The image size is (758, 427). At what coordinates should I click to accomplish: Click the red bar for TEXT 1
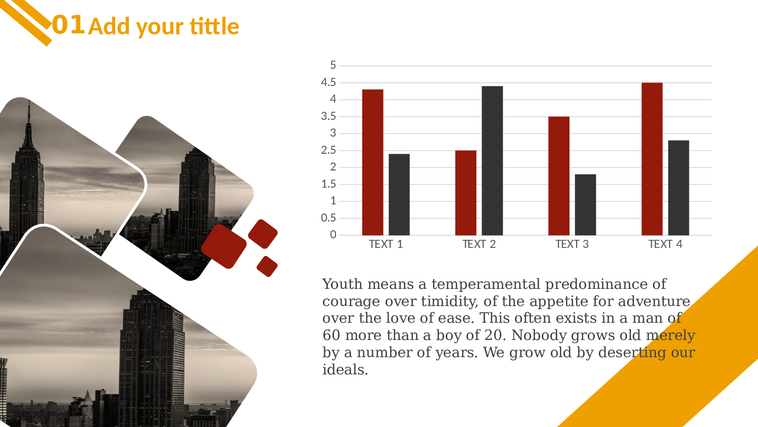[372, 162]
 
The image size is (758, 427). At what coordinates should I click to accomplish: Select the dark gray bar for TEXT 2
[492, 161]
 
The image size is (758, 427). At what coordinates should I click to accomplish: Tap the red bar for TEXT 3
[559, 176]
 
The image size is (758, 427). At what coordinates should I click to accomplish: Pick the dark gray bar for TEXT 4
[679, 188]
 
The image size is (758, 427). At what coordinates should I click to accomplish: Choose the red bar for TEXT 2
[465, 193]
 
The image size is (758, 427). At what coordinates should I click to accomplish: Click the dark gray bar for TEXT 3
[585, 205]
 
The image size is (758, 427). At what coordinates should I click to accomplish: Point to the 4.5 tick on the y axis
[328, 82]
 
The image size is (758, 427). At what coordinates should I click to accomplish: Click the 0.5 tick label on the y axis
[328, 218]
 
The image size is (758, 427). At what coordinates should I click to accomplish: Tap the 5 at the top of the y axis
[333, 65]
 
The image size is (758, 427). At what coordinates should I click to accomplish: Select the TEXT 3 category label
[572, 244]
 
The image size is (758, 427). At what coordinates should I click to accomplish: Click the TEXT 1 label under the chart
[386, 244]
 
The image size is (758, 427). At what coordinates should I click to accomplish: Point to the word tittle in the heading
[215, 26]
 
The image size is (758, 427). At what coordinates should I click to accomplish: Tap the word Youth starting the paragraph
[343, 284]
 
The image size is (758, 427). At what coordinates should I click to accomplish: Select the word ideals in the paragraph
[345, 369]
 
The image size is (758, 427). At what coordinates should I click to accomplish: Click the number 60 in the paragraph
[331, 335]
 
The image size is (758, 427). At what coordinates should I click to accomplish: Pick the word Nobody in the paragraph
[539, 335]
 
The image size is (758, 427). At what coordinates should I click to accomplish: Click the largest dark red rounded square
[224, 246]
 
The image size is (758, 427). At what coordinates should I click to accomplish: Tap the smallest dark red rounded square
[267, 266]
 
